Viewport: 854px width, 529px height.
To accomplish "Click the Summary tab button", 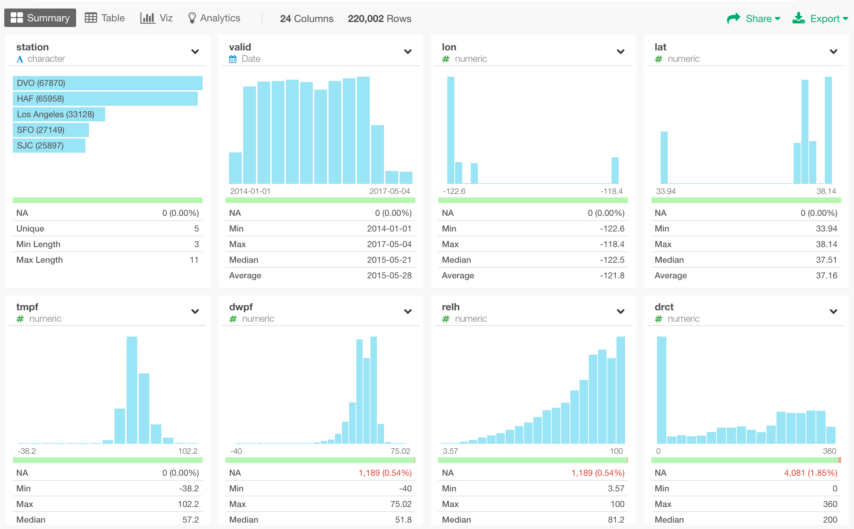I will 40,18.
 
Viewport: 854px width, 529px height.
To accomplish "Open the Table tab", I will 105,18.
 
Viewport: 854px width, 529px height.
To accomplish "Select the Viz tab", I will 157,18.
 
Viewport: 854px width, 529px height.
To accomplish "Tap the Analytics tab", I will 214,18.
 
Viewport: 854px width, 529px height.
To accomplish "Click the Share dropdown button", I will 754,18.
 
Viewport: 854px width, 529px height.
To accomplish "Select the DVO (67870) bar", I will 107,83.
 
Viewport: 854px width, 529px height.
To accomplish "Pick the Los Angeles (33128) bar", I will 59,114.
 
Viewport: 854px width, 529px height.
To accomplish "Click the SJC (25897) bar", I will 49,146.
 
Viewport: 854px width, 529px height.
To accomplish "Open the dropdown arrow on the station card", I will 195,52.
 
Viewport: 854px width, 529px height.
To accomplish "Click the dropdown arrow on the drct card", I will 833,312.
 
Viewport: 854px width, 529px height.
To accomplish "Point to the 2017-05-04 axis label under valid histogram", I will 390,191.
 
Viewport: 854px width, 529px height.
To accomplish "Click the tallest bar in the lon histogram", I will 450,130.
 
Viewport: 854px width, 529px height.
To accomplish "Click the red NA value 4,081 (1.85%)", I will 811,473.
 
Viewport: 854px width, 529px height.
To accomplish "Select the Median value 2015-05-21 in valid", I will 389,260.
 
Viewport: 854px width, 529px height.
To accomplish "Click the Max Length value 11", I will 194,260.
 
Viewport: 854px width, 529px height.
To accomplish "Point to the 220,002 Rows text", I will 379,18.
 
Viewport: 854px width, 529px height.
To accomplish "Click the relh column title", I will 450,307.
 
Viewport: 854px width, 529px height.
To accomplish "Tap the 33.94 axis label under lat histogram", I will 666,191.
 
